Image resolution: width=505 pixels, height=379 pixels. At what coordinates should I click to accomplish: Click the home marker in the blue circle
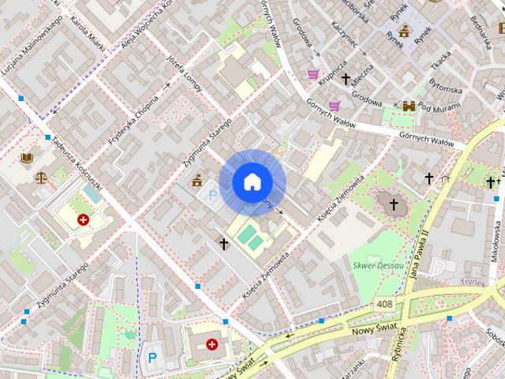pos(252,182)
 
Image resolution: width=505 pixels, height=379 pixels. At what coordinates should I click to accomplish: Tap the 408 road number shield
pos(384,304)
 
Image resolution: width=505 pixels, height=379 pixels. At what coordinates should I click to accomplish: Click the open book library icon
pos(27,158)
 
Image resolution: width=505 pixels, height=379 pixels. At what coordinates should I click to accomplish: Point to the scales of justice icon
pos(40,176)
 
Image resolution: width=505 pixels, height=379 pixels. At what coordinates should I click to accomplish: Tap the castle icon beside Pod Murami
pos(409,107)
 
